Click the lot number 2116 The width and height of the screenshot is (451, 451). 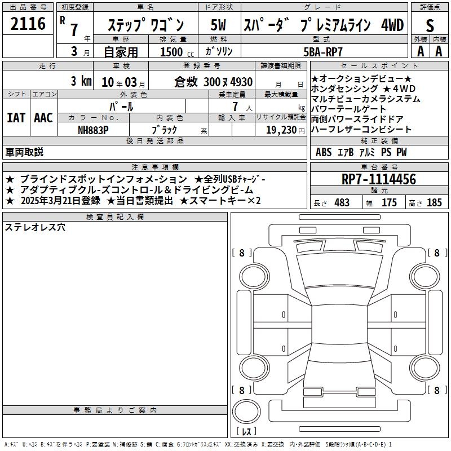(x=28, y=24)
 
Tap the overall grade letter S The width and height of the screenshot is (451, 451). (x=430, y=25)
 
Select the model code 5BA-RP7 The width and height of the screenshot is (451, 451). (x=323, y=52)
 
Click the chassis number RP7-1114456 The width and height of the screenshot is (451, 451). (x=379, y=179)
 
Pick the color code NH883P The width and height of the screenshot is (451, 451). (x=93, y=130)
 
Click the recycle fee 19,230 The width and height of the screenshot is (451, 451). (x=281, y=130)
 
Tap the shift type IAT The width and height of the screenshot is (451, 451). (x=16, y=118)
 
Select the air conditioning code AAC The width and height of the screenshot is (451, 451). (x=43, y=118)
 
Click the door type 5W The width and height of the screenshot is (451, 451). (x=218, y=25)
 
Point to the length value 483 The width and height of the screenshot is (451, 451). (x=342, y=202)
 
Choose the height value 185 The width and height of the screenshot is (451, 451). (x=434, y=202)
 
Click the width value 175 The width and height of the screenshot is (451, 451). (x=389, y=202)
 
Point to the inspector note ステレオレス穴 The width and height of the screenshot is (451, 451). (x=35, y=227)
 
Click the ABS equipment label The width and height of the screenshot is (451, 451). (x=324, y=152)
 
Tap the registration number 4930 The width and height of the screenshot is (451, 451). (x=241, y=82)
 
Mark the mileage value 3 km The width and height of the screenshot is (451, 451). (x=81, y=81)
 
